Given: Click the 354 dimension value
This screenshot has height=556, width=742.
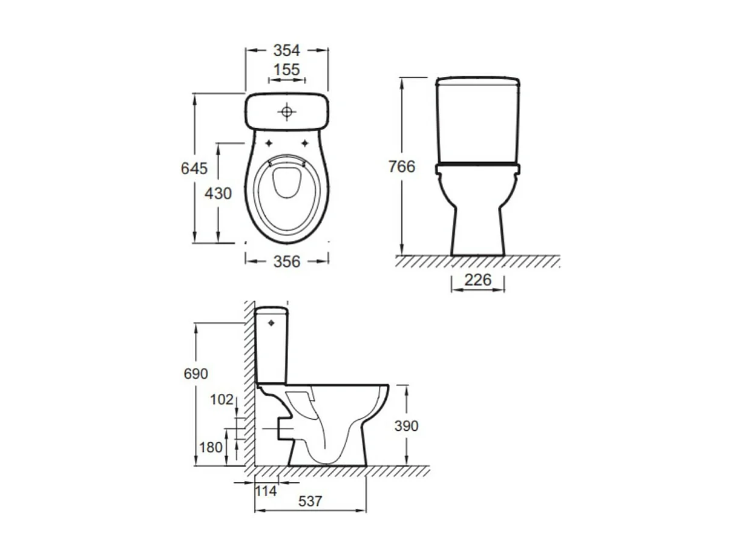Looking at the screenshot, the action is [x=286, y=51].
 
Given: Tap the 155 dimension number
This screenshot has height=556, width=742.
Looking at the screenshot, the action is [x=286, y=70].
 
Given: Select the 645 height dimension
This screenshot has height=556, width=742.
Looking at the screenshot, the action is [x=194, y=168].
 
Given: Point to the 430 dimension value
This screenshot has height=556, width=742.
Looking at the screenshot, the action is [x=218, y=194].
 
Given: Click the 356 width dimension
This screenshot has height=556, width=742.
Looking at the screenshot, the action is [x=287, y=262].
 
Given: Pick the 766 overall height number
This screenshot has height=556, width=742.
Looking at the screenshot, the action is [x=402, y=166].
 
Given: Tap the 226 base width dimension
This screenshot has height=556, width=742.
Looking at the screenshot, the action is [x=478, y=280].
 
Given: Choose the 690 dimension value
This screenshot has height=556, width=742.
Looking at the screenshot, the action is [x=195, y=374].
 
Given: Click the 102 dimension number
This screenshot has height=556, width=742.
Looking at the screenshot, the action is [x=222, y=399].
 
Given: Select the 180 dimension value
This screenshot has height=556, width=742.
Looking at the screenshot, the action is [x=211, y=448].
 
